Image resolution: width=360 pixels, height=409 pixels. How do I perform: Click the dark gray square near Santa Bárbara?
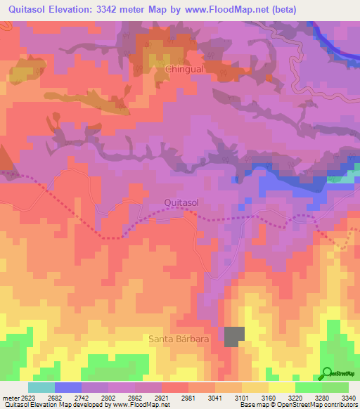point(235,337)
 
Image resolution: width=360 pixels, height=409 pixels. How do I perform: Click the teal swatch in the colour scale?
point(41,387)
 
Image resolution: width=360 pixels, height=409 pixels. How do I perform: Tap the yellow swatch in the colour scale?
point(281,387)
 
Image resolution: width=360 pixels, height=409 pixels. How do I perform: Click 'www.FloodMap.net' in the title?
point(226,10)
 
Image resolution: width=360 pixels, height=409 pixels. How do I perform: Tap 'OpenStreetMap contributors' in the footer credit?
point(320,405)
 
